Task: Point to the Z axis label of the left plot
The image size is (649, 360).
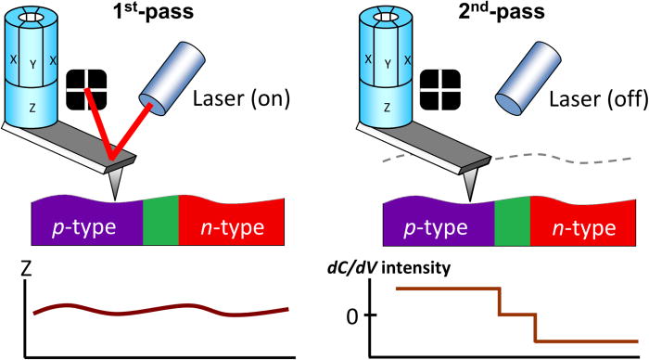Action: (27, 271)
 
